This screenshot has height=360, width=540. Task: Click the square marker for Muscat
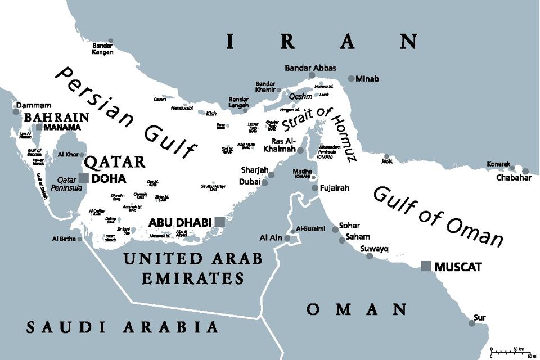426,266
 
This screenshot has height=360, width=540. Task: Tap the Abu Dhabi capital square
219,222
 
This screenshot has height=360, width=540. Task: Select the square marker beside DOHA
83,178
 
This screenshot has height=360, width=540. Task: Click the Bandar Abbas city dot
312,75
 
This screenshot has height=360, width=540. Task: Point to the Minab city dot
351,79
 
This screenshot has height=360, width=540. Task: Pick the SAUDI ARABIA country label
123,327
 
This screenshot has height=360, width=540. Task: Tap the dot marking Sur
471,323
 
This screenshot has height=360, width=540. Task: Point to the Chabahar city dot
525,171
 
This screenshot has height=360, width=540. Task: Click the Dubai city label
249,182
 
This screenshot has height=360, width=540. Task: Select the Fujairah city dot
315,187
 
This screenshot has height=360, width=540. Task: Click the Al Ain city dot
287,238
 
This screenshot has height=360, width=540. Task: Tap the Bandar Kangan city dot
111,41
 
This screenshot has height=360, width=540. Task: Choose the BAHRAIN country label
56,118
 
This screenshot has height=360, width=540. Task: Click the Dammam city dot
16,112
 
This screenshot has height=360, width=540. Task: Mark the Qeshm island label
300,96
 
